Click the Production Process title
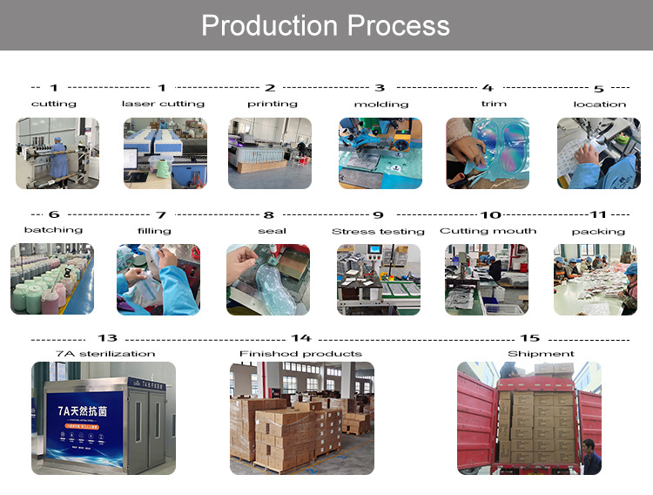point(326,25)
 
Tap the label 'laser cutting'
point(163,104)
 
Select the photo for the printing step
point(270,153)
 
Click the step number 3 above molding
point(380,88)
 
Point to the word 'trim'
point(494,104)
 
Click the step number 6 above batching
point(54,214)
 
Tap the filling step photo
point(159,279)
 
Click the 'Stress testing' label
point(378,231)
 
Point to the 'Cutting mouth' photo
point(487,279)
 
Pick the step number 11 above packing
point(598,214)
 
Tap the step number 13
point(107,338)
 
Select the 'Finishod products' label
point(300,354)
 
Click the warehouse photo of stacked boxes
point(300,417)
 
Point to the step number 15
point(529,338)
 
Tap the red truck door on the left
point(476,423)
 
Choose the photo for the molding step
point(380,153)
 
